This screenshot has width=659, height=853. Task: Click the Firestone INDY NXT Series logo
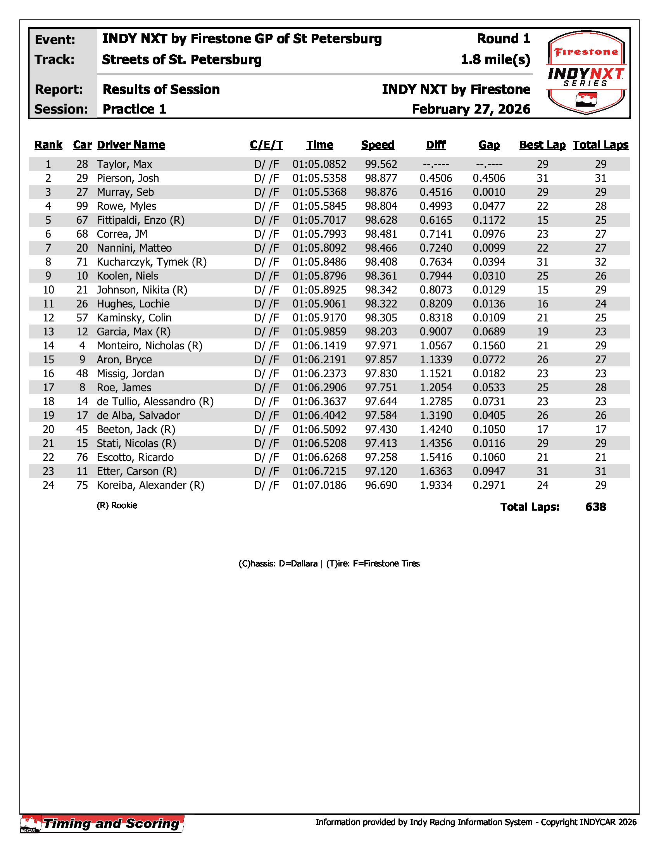pyautogui.click(x=587, y=73)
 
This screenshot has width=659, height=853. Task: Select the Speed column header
pyautogui.click(x=378, y=145)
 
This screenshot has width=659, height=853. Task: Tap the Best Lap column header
pyautogui.click(x=542, y=145)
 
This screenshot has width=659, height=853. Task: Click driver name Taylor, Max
pyautogui.click(x=124, y=164)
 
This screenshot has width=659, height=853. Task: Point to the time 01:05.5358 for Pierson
pyautogui.click(x=319, y=178)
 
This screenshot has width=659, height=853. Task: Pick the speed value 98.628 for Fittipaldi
pyautogui.click(x=381, y=220)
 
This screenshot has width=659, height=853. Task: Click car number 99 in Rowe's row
pyautogui.click(x=82, y=206)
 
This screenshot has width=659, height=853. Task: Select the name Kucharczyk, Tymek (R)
pyautogui.click(x=152, y=262)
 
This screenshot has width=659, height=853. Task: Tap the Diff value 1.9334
pyautogui.click(x=436, y=485)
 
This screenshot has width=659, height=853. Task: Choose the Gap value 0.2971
pyautogui.click(x=489, y=485)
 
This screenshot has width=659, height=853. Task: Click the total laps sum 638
pyautogui.click(x=596, y=507)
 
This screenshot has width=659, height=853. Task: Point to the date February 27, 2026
pyautogui.click(x=471, y=109)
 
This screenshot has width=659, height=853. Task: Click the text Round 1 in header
pyautogui.click(x=503, y=39)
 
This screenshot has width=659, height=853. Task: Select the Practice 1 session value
pyautogui.click(x=134, y=109)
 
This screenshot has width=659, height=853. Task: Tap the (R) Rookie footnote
pyautogui.click(x=117, y=506)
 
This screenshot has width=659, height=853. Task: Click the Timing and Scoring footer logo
pyautogui.click(x=102, y=824)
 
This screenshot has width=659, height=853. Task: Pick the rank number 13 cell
pyautogui.click(x=48, y=332)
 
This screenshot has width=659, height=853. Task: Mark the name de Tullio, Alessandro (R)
pyautogui.click(x=155, y=402)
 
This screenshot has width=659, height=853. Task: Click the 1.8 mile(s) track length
pyautogui.click(x=495, y=60)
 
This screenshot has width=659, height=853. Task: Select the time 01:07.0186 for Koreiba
pyautogui.click(x=319, y=485)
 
